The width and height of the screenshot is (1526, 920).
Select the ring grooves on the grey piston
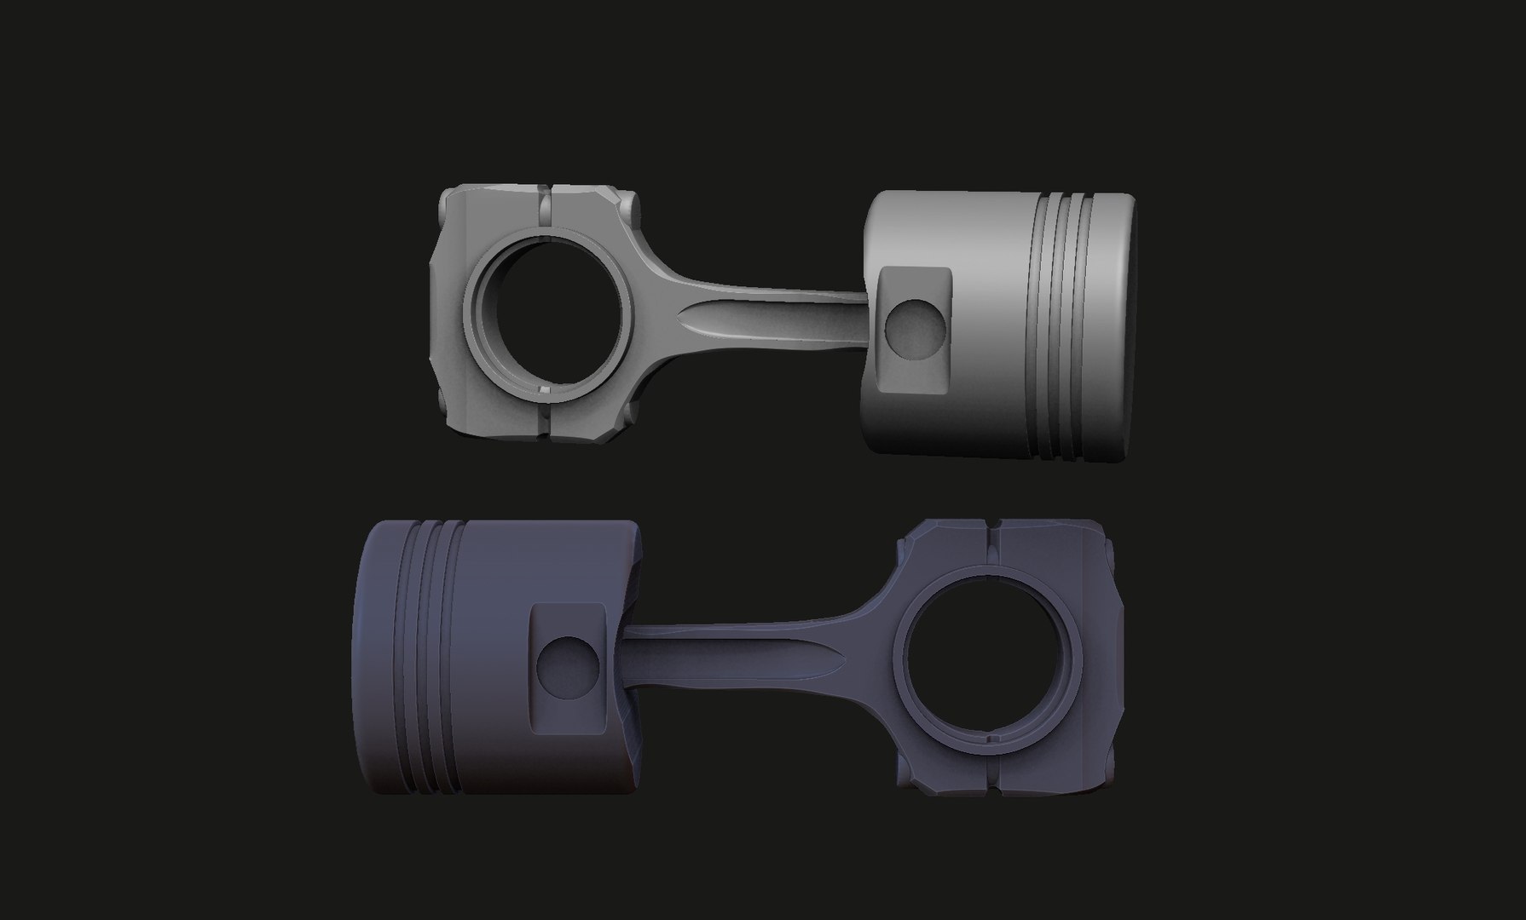point(1066,325)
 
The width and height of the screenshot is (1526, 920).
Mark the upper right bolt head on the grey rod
point(630,205)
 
